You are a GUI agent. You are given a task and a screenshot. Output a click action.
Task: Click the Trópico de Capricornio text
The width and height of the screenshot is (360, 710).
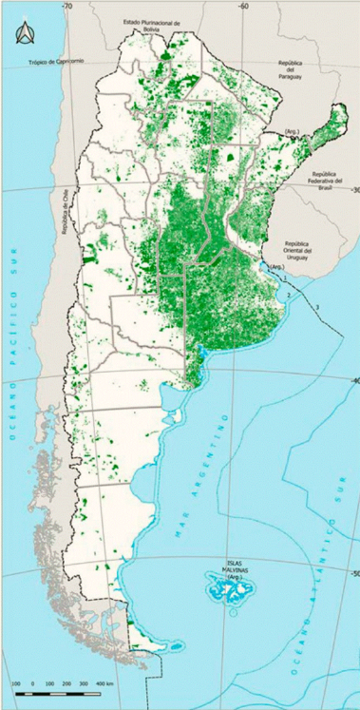56,62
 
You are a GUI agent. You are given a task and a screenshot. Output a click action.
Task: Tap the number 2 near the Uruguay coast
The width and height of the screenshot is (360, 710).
287,296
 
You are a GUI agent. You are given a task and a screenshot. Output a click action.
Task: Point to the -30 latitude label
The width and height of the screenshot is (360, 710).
353,191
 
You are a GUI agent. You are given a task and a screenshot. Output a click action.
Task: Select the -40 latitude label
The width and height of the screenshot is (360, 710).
353,381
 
